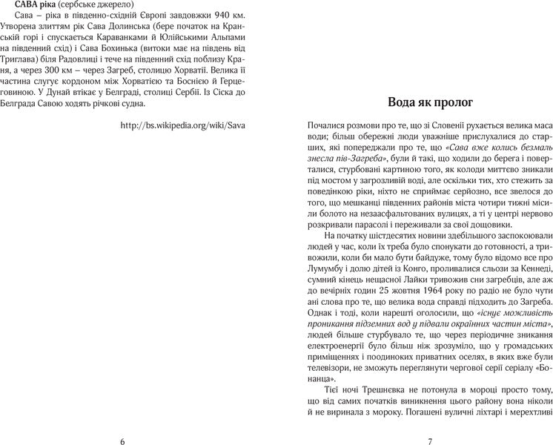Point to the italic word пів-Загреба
pos(354,159)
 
